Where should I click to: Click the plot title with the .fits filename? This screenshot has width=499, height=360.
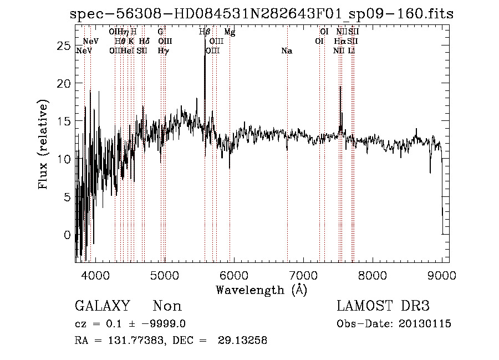[x=262, y=13]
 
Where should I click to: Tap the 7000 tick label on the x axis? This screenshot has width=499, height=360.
[x=303, y=275]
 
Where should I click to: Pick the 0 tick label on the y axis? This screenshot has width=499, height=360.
[x=67, y=235]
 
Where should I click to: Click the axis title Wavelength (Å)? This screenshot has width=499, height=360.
[x=261, y=290]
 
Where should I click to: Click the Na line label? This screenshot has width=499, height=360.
[x=287, y=51]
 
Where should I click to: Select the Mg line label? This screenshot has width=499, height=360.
[x=230, y=33]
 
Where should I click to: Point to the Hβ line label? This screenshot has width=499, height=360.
[x=205, y=33]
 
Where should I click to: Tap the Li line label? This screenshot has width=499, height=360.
[x=352, y=51]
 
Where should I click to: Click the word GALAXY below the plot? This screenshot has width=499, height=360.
[x=103, y=306]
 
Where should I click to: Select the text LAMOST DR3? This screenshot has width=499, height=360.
[x=383, y=306]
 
